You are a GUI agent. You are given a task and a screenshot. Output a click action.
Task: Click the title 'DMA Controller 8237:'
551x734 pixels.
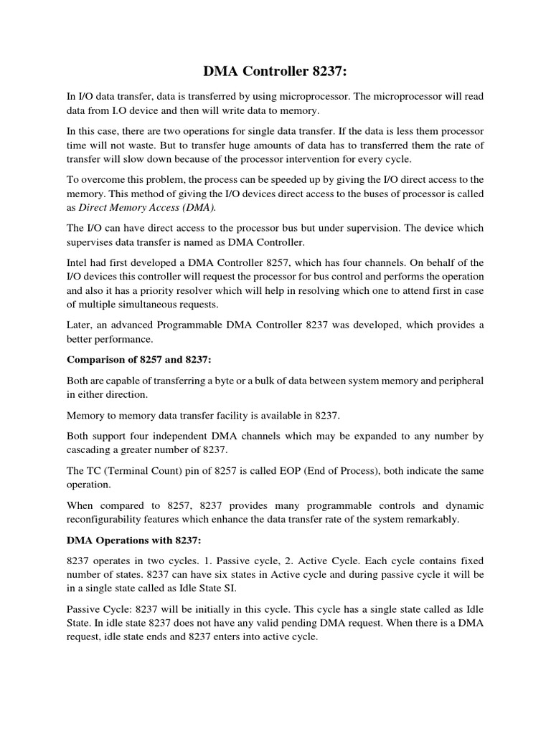pyautogui.click(x=275, y=70)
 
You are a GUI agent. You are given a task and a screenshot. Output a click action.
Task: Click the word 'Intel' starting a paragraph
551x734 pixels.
pyautogui.click(x=78, y=262)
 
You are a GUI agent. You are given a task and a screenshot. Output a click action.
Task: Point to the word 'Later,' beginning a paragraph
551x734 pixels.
pyautogui.click(x=80, y=325)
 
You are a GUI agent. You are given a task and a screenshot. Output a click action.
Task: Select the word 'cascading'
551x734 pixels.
pyautogui.click(x=92, y=449)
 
